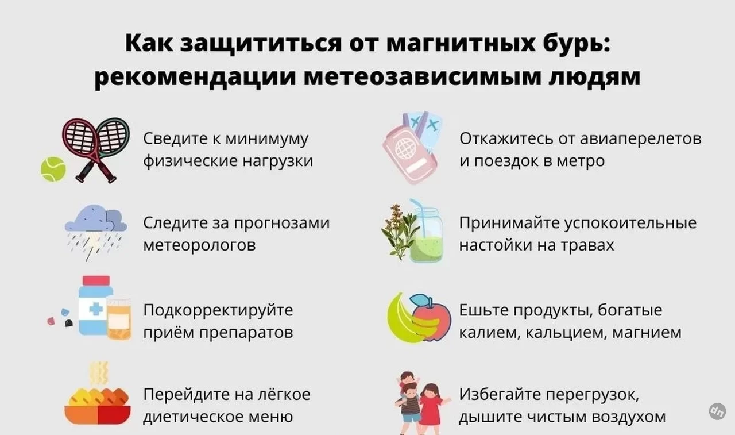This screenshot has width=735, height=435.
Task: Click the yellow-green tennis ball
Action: tap(53, 169)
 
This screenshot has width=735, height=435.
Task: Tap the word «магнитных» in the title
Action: tap(461, 43)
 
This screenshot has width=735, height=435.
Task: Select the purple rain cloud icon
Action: tap(96, 218)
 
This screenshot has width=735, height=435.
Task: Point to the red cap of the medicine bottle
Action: tap(96, 280)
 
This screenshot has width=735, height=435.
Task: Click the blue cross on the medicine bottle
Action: tap(96, 309)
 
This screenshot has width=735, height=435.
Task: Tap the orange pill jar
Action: tap(119, 319)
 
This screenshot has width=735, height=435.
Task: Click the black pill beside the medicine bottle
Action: tap(68, 324)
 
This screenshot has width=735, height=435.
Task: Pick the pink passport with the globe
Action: tap(409, 155)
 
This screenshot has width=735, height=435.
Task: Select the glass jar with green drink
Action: tap(426, 234)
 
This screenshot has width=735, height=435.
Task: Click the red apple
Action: tap(431, 318)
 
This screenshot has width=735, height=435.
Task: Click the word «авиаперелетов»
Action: tap(640, 139)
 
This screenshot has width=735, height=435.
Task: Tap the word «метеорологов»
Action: tap(199, 245)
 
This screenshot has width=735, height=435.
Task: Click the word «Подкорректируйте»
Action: tap(218, 310)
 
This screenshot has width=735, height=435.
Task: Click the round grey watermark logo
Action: tap(717, 411)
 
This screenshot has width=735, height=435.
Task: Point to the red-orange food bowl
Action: tap(98, 415)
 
